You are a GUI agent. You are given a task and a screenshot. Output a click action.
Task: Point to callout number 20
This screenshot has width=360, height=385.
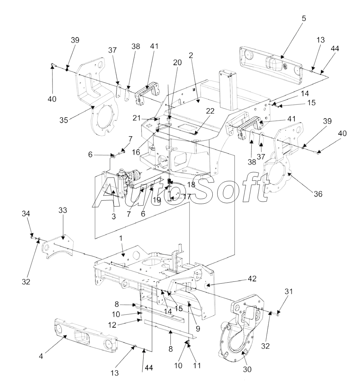[x=178, y=63]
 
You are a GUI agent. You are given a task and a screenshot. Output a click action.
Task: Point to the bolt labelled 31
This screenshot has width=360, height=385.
[x=279, y=313]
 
